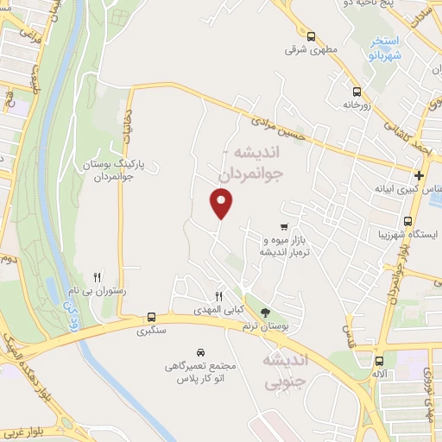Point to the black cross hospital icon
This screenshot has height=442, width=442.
pyautogui.click(x=418, y=174)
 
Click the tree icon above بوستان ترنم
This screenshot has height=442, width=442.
pyautogui.click(x=265, y=311)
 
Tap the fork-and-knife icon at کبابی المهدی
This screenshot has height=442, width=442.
pyautogui.click(x=219, y=296)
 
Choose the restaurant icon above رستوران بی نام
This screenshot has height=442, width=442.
pyautogui.click(x=98, y=277)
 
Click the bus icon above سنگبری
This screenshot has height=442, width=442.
pyautogui.click(x=152, y=317)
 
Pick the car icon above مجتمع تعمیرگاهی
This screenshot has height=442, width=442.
pyautogui.click(x=200, y=352)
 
